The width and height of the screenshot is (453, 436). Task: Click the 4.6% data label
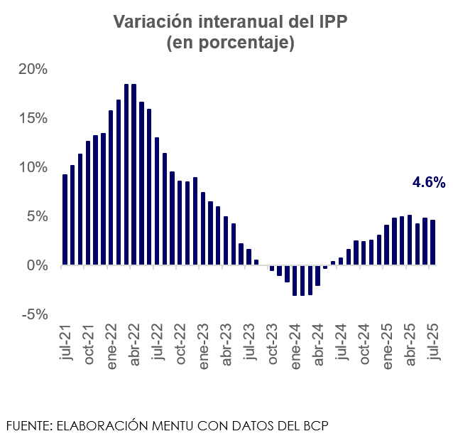tap(429, 183)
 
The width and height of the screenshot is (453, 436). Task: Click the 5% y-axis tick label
tap(38, 216)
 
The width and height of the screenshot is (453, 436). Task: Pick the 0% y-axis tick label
tap(38, 265)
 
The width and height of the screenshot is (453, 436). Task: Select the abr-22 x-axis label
tap(134, 345)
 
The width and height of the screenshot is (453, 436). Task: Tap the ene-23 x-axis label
tap(203, 345)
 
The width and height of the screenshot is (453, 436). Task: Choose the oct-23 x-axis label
tap(271, 345)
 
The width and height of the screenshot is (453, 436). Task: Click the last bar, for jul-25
tap(432, 243)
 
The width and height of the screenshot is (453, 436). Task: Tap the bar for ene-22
tap(111, 188)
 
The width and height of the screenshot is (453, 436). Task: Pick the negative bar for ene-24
tap(295, 280)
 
